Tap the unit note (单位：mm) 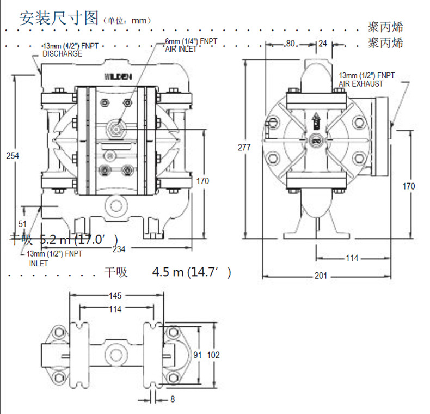tap(126, 20)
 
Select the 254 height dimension tap(13, 155)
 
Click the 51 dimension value tap(22, 223)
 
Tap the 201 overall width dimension tap(321, 276)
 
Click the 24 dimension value tap(322, 44)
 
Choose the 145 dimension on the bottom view tap(115, 296)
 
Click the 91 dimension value tap(198, 355)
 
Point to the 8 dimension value tap(173, 399)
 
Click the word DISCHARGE tap(62, 54)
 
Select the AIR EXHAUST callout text tap(361, 83)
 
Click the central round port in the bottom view tap(115, 354)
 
